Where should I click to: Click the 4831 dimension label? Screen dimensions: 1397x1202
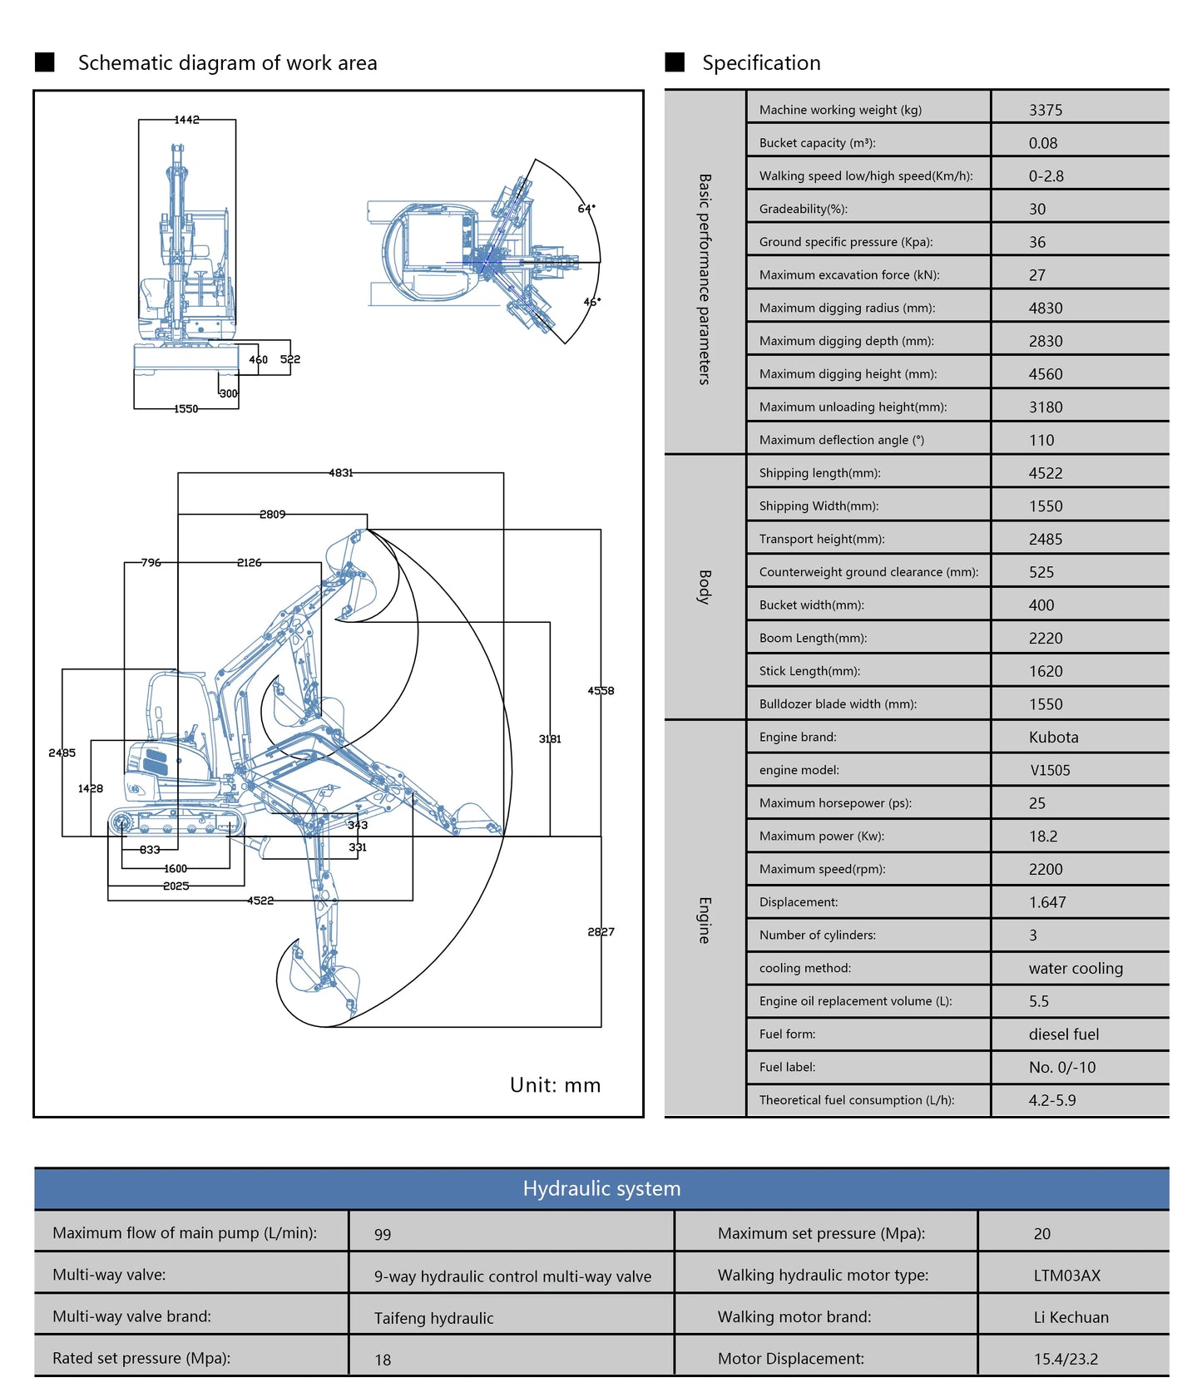click(341, 472)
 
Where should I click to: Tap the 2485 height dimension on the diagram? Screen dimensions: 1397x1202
click(62, 753)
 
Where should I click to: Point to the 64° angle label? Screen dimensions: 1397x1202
click(586, 208)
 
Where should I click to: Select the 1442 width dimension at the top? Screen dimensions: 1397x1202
click(186, 120)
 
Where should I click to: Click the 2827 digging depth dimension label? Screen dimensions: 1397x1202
click(601, 931)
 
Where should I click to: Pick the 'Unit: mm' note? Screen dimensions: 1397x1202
click(555, 1084)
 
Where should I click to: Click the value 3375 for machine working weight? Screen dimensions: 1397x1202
click(1046, 110)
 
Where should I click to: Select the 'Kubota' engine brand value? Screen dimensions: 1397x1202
click(1053, 737)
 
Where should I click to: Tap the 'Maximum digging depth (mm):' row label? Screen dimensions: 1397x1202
click(846, 341)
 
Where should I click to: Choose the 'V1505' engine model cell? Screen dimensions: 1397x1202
click(1050, 770)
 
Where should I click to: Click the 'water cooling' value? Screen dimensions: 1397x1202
click(1076, 968)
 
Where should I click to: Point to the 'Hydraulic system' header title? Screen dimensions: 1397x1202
click(601, 1188)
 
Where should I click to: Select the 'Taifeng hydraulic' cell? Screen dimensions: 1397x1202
click(433, 1318)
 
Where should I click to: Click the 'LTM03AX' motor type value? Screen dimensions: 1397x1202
click(1066, 1276)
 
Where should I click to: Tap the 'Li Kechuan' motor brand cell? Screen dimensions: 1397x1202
click(1071, 1317)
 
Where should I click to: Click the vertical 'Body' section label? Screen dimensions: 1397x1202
click(705, 587)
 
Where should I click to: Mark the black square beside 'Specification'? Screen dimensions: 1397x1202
click(675, 62)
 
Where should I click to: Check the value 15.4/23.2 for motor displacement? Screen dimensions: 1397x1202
click(1066, 1359)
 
